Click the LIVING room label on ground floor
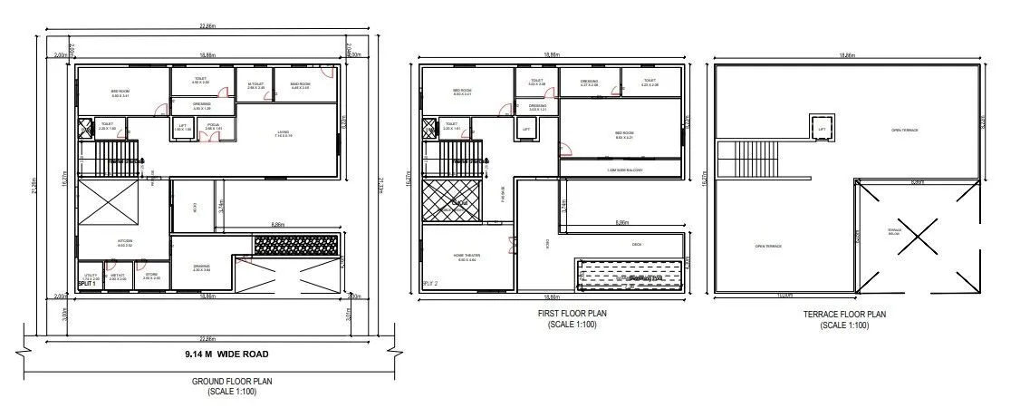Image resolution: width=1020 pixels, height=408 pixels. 284,133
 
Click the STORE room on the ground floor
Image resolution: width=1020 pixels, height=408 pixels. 150,274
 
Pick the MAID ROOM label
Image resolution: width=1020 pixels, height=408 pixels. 301,85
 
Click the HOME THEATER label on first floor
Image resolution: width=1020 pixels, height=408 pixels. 467,256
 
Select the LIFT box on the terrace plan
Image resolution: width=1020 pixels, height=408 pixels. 823,129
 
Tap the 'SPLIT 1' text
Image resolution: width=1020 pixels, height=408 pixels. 88,284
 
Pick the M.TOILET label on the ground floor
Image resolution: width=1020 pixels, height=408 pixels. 255,85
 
